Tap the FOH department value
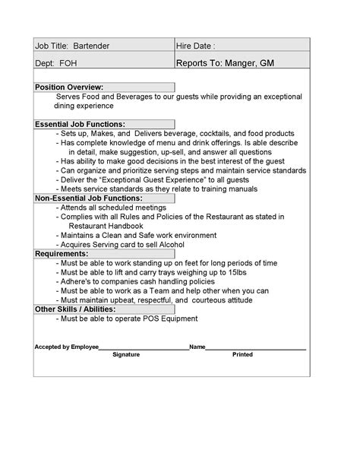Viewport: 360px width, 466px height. (x=68, y=65)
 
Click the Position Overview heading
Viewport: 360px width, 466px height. (x=69, y=87)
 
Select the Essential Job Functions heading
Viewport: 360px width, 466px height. (x=80, y=124)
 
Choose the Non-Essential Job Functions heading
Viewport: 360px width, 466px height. (x=88, y=198)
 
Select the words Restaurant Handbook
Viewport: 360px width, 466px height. (x=106, y=226)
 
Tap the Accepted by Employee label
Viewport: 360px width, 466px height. (x=67, y=347)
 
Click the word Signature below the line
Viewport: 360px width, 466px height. (x=126, y=355)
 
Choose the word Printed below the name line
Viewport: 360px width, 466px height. (x=242, y=355)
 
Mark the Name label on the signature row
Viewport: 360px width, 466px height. (x=197, y=347)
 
